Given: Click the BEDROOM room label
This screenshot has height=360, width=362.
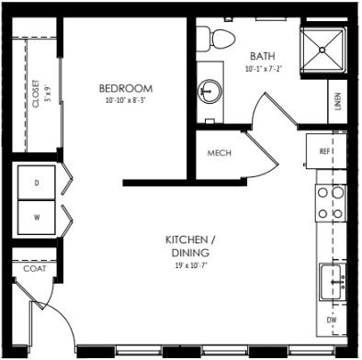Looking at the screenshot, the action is click(126, 88).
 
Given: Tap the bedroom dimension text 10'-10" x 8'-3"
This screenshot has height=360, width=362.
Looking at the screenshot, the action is click(125, 100).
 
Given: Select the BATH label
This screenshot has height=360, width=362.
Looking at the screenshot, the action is click(263, 56).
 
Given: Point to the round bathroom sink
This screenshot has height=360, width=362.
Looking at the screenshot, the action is click(209, 91).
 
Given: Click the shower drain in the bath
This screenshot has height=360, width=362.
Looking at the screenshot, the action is click(322, 50).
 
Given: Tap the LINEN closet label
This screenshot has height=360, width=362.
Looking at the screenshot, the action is click(337, 101).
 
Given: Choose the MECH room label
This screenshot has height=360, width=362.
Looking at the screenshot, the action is click(220, 152).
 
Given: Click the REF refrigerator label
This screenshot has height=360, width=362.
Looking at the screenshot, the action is click(324, 152).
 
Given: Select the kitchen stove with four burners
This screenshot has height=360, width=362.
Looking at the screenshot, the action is click(331, 203).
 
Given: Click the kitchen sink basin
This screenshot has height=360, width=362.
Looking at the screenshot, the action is click(331, 282).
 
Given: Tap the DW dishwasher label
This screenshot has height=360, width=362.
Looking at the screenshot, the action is click(332, 321).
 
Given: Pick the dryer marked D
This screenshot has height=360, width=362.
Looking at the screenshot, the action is click(37, 183).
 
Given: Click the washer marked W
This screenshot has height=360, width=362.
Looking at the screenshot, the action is click(37, 218).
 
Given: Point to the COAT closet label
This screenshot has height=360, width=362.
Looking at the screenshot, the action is click(35, 268).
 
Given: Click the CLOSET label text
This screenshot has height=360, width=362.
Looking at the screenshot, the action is click(36, 94).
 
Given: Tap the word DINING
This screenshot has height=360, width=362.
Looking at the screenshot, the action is click(190, 253).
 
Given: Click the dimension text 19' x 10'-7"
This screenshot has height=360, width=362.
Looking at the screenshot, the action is click(191, 265).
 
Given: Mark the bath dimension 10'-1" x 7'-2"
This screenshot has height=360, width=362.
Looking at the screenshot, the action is click(264, 69).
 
